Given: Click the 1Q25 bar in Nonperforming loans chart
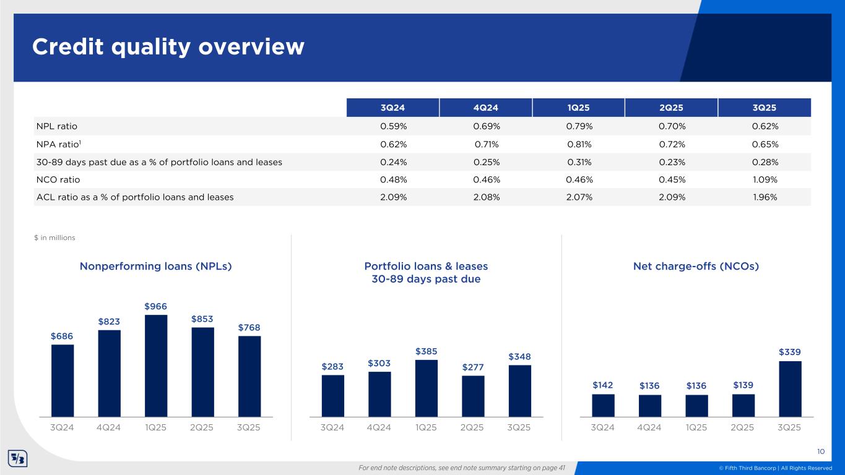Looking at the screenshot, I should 156,366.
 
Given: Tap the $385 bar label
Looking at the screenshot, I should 427,351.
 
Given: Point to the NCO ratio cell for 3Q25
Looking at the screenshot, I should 765,179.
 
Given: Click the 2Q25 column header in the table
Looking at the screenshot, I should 671,108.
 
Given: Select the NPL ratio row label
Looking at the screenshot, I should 56,126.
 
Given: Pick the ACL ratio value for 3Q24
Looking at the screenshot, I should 393,197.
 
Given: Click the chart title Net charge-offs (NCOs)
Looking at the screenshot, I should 696,266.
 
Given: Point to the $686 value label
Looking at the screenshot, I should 62,335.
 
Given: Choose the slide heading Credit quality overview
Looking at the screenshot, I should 168,47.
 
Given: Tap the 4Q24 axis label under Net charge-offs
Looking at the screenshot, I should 649,427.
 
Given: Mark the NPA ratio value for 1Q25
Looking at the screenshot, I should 579,144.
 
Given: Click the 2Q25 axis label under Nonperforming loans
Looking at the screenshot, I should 202,427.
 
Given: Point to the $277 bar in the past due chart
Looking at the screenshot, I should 473,396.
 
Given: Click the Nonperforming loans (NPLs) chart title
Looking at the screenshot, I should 156,266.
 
